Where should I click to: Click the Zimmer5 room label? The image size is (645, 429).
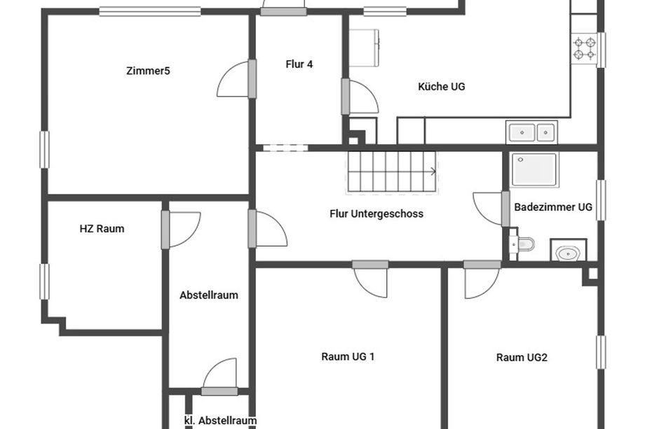pyautogui.click(x=148, y=71)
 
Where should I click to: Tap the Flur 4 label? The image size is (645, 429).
pyautogui.click(x=299, y=64)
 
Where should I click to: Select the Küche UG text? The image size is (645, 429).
pyautogui.click(x=442, y=87)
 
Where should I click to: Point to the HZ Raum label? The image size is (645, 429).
pyautogui.click(x=102, y=229)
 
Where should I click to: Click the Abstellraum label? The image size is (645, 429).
pyautogui.click(x=209, y=295)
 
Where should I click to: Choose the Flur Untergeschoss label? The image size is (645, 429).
pyautogui.click(x=376, y=214)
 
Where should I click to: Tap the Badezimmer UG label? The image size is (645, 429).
pyautogui.click(x=553, y=207)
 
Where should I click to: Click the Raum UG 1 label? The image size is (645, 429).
pyautogui.click(x=348, y=357)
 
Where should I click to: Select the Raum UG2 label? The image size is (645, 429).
pyautogui.click(x=522, y=358)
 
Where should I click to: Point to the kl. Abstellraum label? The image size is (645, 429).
pyautogui.click(x=220, y=421)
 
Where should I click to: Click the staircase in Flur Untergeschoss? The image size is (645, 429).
pyautogui.click(x=392, y=171)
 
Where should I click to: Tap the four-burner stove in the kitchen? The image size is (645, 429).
pyautogui.click(x=585, y=48)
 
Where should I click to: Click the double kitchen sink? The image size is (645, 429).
pyautogui.click(x=532, y=132)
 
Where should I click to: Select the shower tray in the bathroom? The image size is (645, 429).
pyautogui.click(x=534, y=169)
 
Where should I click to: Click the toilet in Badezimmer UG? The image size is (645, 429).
pyautogui.click(x=522, y=245)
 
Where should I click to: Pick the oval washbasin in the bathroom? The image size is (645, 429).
pyautogui.click(x=568, y=254)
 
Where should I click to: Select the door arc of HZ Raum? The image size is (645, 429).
pyautogui.click(x=193, y=236)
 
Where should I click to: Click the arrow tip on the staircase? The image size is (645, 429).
pyautogui.click(x=435, y=171)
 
